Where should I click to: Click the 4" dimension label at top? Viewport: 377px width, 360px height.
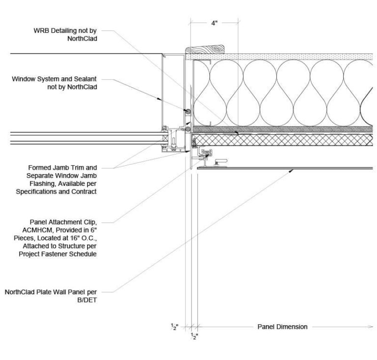[x=215, y=24]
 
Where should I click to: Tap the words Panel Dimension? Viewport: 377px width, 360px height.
[x=282, y=327]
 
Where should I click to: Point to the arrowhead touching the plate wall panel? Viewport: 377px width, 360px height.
[x=293, y=170]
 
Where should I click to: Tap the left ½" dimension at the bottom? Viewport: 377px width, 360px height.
[x=174, y=327]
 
